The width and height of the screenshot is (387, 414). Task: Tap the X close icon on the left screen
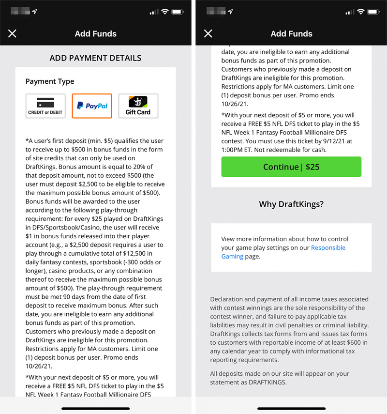click(x=12, y=33)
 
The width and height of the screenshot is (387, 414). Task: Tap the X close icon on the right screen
click(x=208, y=33)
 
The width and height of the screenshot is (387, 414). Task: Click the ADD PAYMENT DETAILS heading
click(x=95, y=58)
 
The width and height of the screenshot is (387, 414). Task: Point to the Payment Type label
click(x=50, y=81)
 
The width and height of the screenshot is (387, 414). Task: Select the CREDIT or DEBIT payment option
click(x=45, y=106)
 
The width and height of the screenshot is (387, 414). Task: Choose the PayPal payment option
click(x=92, y=106)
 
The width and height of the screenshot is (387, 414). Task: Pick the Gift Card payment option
click(x=138, y=106)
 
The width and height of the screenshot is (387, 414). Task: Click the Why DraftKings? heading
click(x=291, y=204)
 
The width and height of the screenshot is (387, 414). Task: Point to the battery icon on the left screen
click(x=177, y=12)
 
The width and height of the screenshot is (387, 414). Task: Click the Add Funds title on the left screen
click(x=95, y=34)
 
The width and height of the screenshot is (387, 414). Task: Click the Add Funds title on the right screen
click(x=291, y=34)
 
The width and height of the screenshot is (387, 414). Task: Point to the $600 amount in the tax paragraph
click(x=358, y=343)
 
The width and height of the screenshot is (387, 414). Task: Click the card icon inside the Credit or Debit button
click(x=45, y=103)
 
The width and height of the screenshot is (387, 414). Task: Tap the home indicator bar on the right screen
click(x=291, y=408)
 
